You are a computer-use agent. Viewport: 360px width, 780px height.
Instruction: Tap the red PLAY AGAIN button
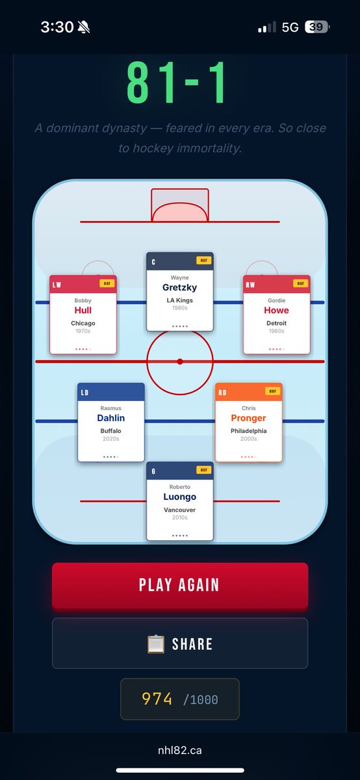point(180,586)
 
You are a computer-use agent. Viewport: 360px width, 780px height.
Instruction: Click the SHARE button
point(180,643)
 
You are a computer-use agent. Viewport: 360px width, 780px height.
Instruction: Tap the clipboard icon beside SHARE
point(155,644)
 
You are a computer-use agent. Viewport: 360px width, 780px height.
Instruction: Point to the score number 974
point(157,699)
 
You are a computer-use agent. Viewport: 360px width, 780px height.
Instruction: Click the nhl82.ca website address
point(180,750)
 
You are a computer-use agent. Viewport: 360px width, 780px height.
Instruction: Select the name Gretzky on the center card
point(179,287)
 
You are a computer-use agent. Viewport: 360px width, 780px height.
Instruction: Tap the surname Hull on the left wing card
point(83,310)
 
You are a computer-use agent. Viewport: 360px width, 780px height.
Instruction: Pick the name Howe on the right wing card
point(276,310)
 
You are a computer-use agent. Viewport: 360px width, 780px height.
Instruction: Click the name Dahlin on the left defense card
point(110,418)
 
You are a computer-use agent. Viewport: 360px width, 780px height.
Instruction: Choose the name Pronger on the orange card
point(249,418)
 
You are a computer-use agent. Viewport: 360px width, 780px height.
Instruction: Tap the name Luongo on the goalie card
point(179,497)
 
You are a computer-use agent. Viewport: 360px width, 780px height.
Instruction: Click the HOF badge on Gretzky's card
point(203,260)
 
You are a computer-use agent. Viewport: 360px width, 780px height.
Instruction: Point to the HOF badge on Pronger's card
point(273,391)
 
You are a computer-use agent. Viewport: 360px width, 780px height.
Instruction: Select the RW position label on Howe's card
point(250,285)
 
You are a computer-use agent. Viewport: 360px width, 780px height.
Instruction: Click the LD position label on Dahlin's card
point(84,393)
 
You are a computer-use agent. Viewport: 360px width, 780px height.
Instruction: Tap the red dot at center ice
point(180,361)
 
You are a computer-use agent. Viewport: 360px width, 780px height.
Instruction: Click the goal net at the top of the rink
point(180,205)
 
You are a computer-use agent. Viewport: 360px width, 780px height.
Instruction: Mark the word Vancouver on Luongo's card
point(179,510)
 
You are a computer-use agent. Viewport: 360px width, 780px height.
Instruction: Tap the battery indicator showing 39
point(317,27)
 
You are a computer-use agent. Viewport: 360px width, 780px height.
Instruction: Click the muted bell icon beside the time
point(84,27)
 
